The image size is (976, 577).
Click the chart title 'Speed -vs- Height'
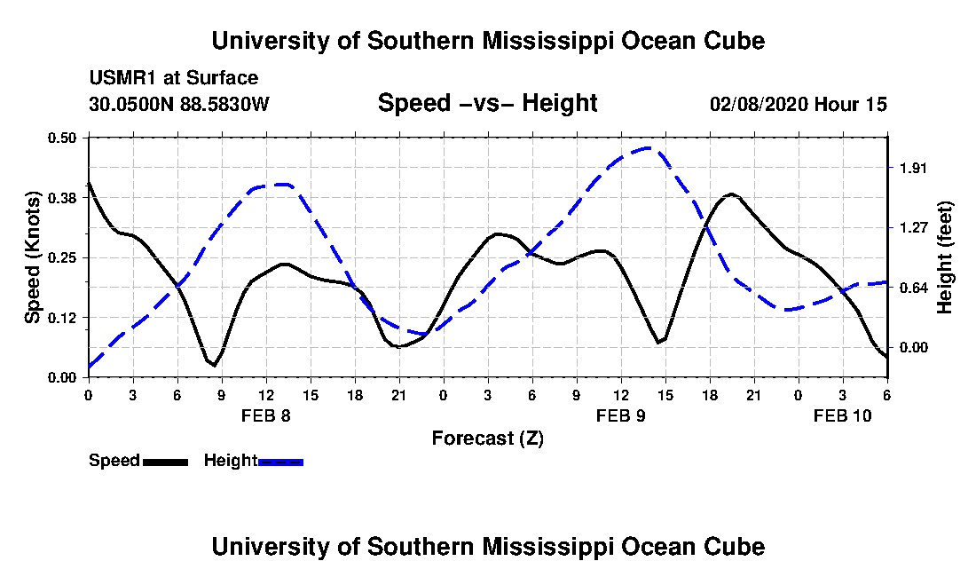pyautogui.click(x=487, y=103)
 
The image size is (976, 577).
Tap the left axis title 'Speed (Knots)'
pyautogui.click(x=33, y=257)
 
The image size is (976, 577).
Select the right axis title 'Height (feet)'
pyautogui.click(x=944, y=257)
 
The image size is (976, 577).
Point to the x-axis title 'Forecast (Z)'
pyautogui.click(x=487, y=438)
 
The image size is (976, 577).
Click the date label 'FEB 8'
pyautogui.click(x=265, y=415)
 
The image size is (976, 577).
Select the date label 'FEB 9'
pyautogui.click(x=620, y=415)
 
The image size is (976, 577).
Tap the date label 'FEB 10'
pyautogui.click(x=843, y=415)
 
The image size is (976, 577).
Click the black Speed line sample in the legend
pyautogui.click(x=165, y=462)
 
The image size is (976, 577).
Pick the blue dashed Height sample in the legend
pyautogui.click(x=280, y=462)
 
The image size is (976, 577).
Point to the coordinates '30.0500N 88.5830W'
pyautogui.click(x=178, y=104)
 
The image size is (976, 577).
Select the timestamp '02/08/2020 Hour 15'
pyautogui.click(x=799, y=104)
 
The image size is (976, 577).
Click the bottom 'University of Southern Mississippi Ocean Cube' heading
pyautogui.click(x=487, y=546)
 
